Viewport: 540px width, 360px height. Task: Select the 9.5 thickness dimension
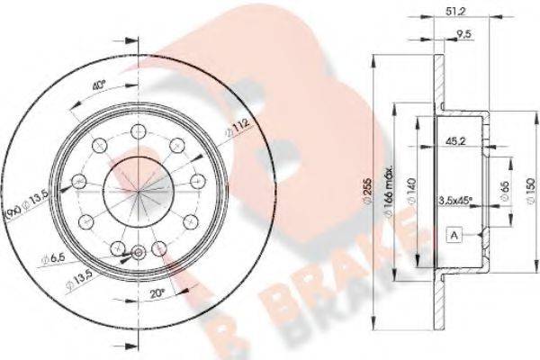465,35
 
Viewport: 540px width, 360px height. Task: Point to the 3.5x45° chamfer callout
457,200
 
